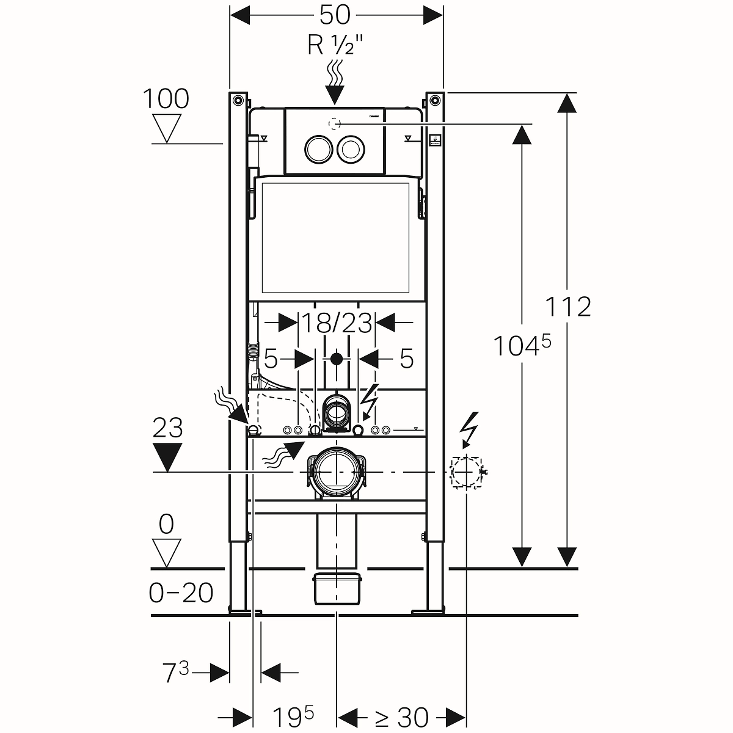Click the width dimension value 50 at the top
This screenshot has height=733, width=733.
[335, 15]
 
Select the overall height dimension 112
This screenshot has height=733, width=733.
[568, 307]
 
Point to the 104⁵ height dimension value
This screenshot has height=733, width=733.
[521, 346]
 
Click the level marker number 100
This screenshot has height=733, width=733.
[166, 99]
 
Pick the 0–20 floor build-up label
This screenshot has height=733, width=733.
[181, 592]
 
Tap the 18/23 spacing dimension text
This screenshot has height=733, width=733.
[338, 323]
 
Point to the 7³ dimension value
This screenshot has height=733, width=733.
[177, 672]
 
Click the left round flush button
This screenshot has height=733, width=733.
[316, 148]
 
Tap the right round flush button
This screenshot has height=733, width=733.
[351, 148]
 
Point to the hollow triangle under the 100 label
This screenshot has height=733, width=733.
[166, 128]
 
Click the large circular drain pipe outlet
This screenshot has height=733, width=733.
[335, 472]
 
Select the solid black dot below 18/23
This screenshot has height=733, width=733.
[335, 358]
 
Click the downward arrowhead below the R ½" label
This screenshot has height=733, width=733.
[335, 95]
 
